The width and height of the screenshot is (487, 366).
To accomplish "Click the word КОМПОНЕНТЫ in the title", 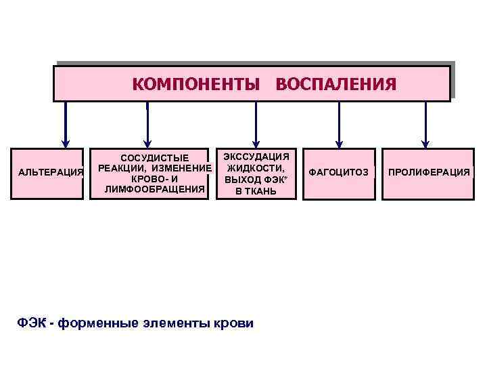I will point(195,84).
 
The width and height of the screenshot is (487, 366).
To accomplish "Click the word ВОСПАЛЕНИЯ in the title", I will point(335,84).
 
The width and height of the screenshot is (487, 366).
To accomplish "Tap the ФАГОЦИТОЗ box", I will point(338,173).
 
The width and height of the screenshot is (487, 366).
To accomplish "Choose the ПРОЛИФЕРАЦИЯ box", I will point(427,173).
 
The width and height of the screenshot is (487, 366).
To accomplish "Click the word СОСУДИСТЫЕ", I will point(155,157).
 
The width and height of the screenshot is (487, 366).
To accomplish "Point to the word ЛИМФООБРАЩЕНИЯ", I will point(155,189).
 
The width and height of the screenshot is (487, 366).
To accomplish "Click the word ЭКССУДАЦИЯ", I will point(256,156).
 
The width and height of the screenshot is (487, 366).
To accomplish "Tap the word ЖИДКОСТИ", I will point(256,167).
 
